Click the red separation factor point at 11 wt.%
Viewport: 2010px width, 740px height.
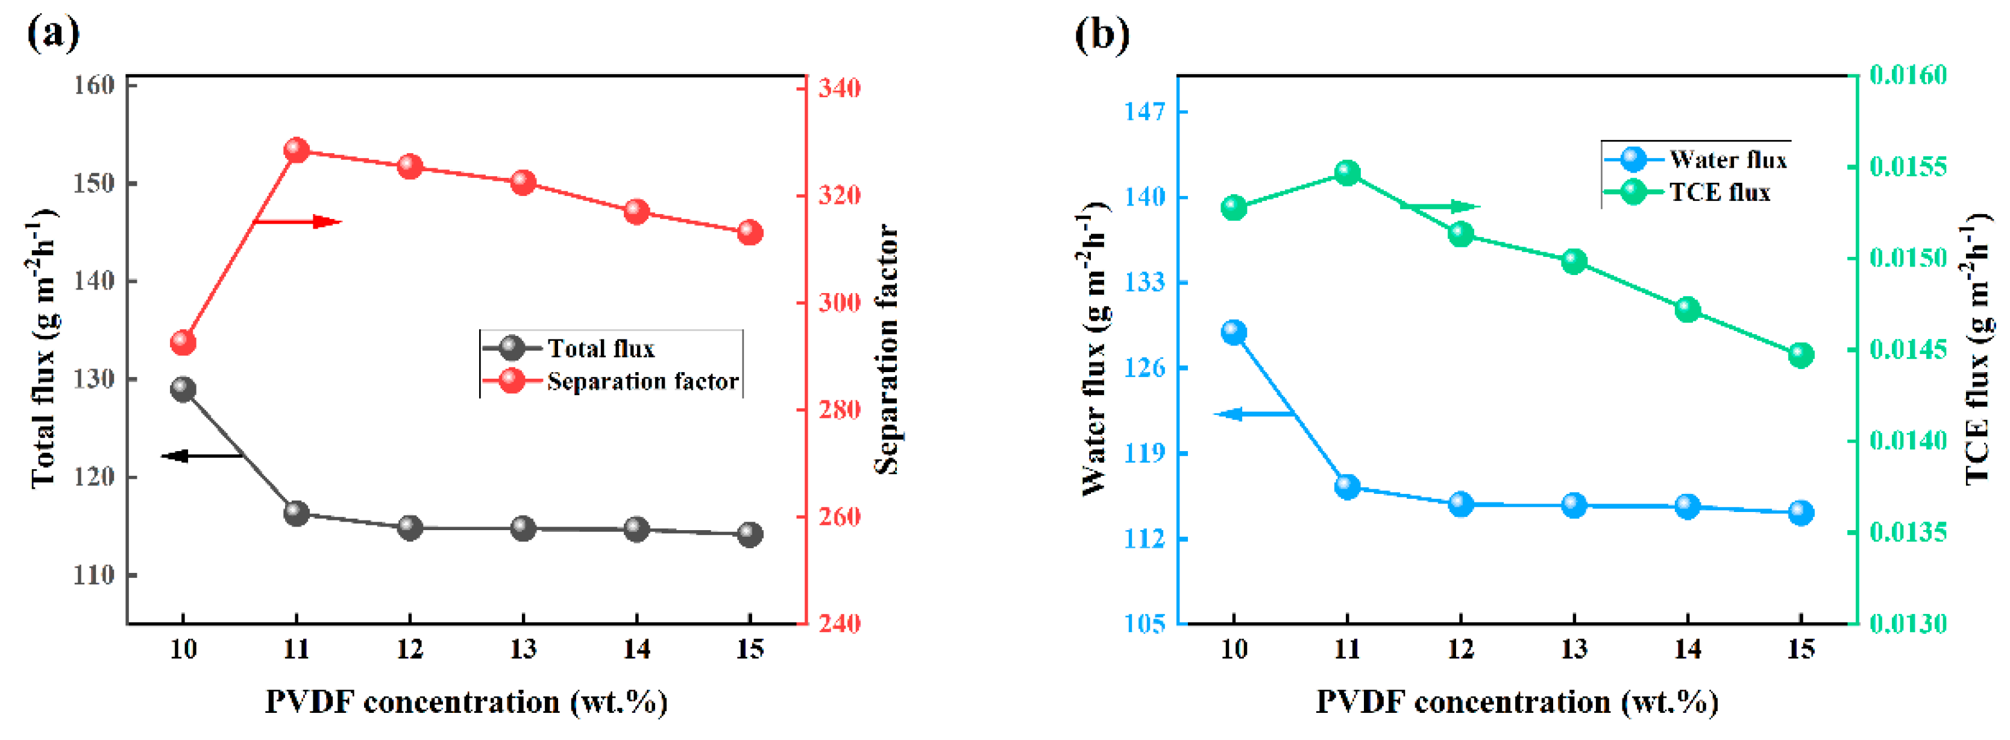(x=297, y=150)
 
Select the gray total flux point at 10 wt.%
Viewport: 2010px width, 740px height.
(x=183, y=389)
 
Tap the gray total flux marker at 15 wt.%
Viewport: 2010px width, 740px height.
(x=750, y=535)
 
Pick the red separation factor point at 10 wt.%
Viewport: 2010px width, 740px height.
(x=183, y=343)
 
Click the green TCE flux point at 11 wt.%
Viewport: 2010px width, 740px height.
(x=1347, y=172)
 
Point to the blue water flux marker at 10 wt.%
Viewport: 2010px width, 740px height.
(x=1234, y=332)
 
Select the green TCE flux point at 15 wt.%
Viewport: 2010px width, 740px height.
(x=1800, y=355)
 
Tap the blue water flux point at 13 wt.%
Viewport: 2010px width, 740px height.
(x=1574, y=505)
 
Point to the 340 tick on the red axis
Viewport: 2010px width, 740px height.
(x=839, y=87)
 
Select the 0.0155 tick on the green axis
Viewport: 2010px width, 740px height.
(x=1908, y=166)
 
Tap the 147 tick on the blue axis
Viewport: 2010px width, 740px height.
(x=1144, y=112)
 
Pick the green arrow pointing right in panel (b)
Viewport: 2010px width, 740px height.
(x=1440, y=207)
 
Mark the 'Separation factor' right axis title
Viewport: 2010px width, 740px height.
(x=887, y=349)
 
